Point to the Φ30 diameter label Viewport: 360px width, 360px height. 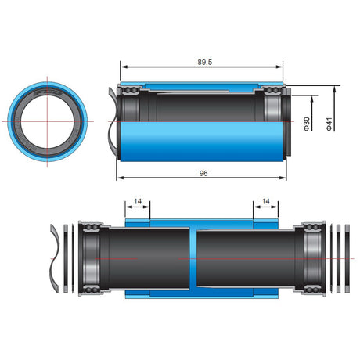point(307,124)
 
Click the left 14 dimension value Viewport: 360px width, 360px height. point(139,202)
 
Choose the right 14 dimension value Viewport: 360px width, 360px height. point(266,202)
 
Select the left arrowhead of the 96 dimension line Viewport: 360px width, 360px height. point(119,176)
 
